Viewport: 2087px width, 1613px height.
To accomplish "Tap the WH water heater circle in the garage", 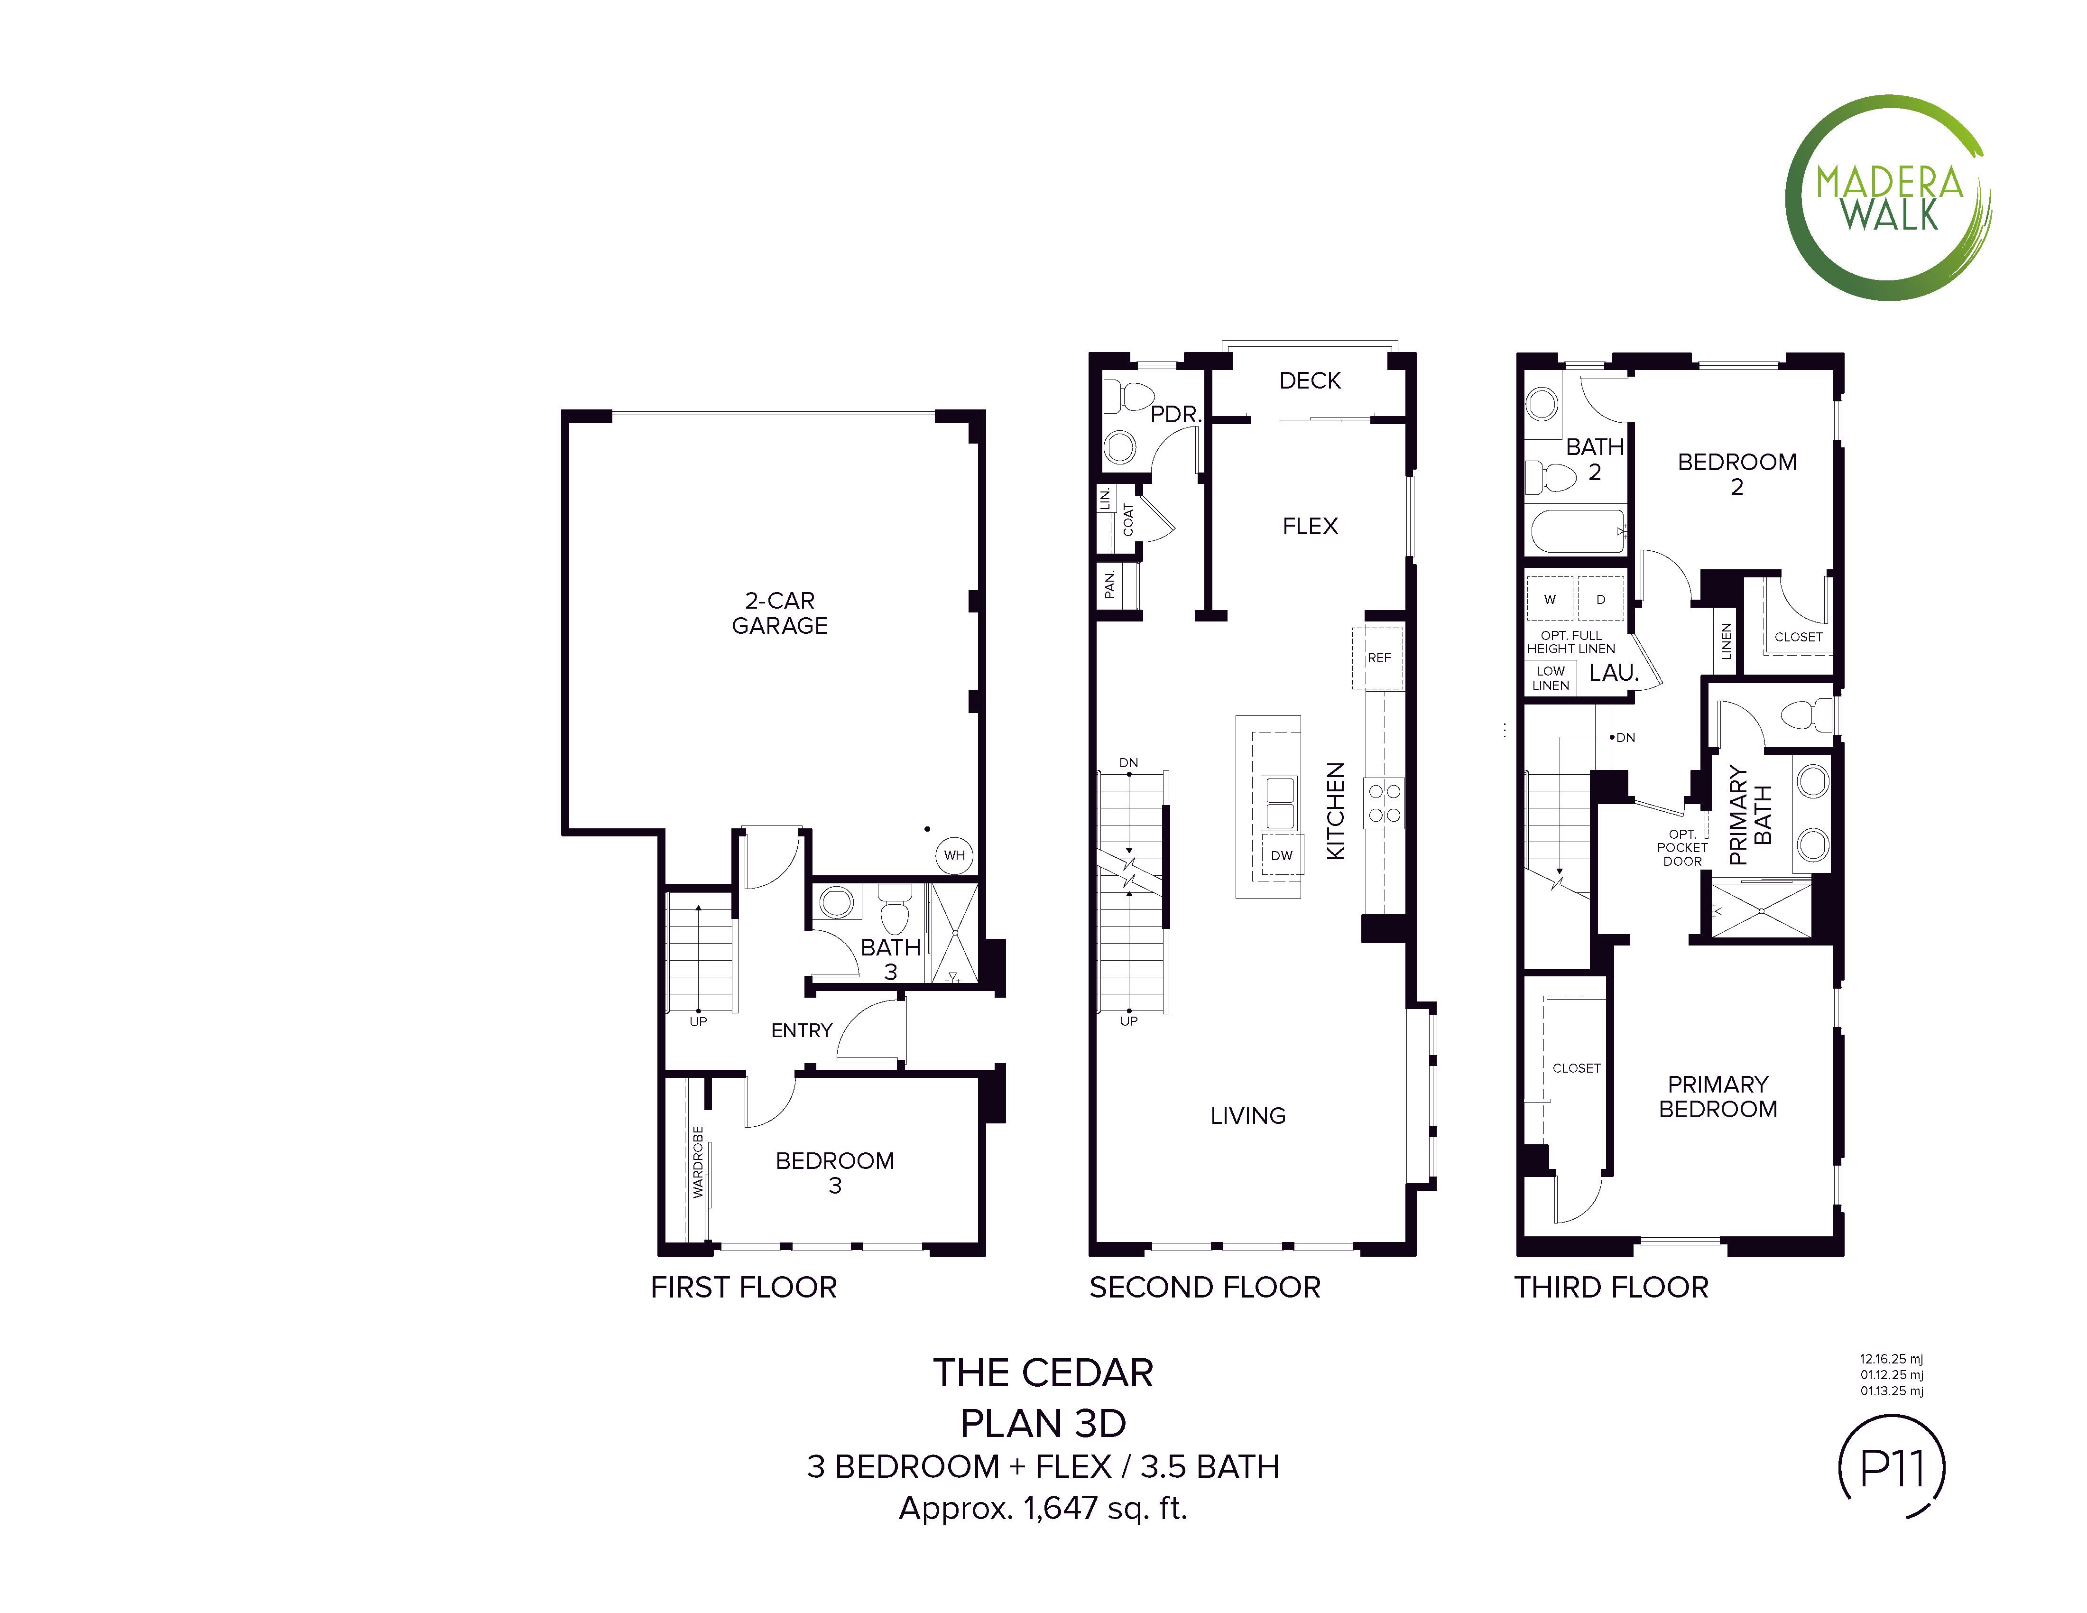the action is point(954,855).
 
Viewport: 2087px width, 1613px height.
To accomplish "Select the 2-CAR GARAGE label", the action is point(780,613).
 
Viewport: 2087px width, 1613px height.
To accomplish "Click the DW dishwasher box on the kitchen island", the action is point(1282,855).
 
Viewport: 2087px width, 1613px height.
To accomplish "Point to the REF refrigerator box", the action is point(1378,658).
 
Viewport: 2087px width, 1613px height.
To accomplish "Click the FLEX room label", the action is point(1310,526).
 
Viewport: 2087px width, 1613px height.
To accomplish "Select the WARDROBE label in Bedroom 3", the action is point(699,1161).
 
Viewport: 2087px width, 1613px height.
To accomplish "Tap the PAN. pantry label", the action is point(1109,584).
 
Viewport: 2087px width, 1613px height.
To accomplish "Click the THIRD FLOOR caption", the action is point(1611,1287).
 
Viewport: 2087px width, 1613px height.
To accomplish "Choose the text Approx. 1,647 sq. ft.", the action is point(1043,1508).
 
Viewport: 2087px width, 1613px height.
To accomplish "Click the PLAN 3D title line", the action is point(1043,1423).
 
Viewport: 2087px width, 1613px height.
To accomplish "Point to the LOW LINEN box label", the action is point(1550,677).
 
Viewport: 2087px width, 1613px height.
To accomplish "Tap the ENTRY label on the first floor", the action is point(802,1030).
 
